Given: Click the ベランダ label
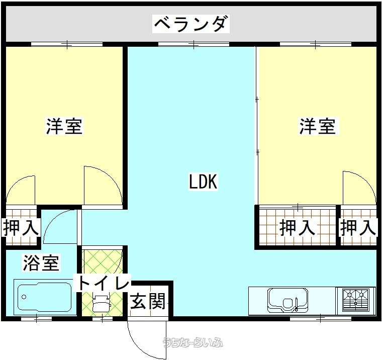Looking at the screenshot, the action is pyautogui.click(x=191, y=24).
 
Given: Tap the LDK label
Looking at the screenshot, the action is pyautogui.click(x=203, y=182).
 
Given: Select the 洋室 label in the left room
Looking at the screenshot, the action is pyautogui.click(x=64, y=126).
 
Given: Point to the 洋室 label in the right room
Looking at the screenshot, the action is pyautogui.click(x=318, y=126).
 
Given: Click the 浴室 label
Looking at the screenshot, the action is pyautogui.click(x=41, y=263).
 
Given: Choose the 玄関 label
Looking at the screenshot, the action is pyautogui.click(x=148, y=301).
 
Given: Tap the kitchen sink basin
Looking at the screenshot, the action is pyautogui.click(x=288, y=300).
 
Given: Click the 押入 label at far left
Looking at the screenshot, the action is pyautogui.click(x=21, y=228).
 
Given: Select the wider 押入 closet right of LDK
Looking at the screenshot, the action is pyautogui.click(x=297, y=227).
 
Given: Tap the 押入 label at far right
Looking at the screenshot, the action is pyautogui.click(x=358, y=227).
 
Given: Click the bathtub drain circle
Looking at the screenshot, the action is pyautogui.click(x=24, y=297).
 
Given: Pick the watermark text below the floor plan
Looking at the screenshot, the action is pyautogui.click(x=193, y=342).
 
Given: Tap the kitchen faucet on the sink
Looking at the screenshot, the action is pyautogui.click(x=297, y=304).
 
